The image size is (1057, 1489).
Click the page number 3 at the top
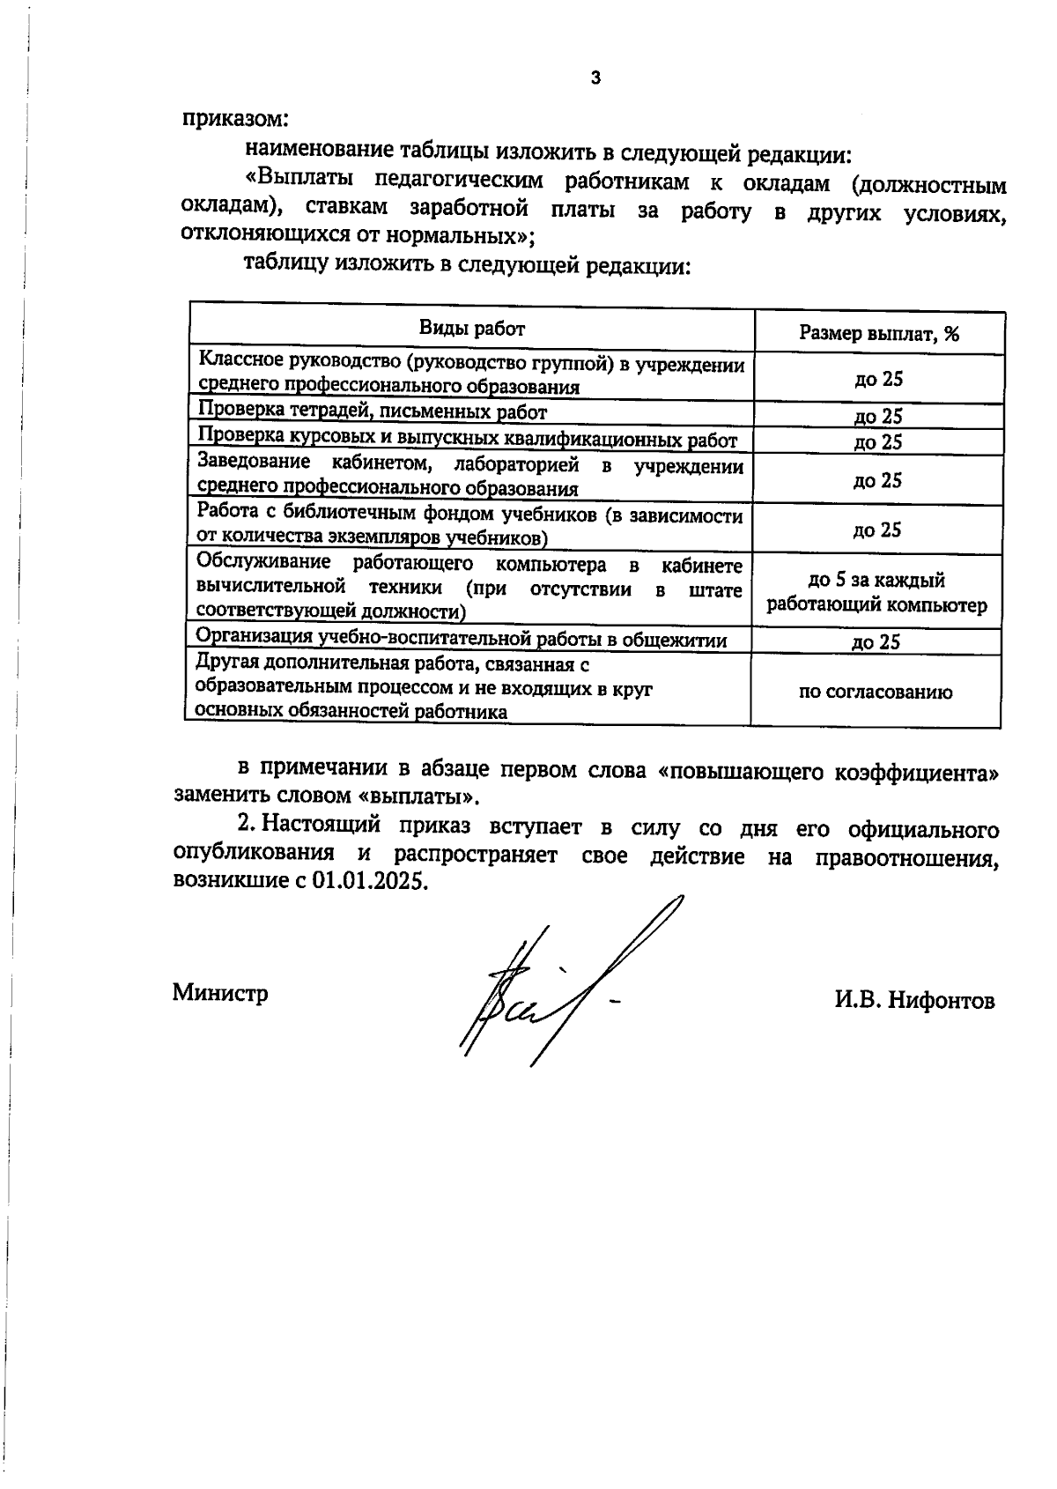coord(595,78)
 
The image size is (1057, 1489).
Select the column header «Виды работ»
coord(471,329)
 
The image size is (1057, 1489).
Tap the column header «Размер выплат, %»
coord(878,333)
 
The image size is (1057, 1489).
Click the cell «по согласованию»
coord(875,692)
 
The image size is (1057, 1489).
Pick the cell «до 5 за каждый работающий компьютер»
coord(876,592)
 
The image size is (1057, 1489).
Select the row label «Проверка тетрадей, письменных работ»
coord(372,411)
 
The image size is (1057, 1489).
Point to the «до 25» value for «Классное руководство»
coord(878,379)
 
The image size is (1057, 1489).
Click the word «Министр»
coord(220,993)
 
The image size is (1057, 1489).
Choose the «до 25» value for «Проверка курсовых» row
coord(878,441)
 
